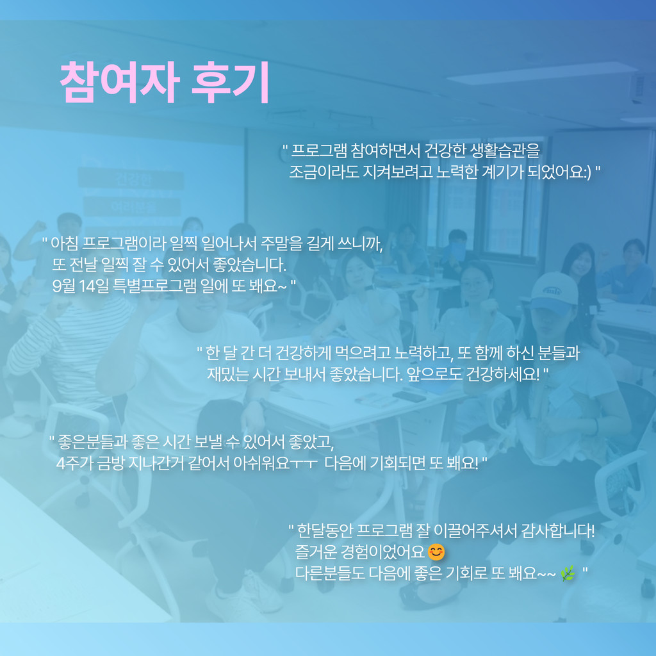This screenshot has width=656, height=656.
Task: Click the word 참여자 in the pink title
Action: pos(120,83)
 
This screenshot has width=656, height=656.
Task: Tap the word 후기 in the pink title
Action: pos(231,83)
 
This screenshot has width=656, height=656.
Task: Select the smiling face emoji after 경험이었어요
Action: pos(436,552)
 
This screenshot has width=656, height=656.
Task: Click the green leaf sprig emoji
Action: pos(568,573)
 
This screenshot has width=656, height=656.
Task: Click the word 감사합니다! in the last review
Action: pos(558,530)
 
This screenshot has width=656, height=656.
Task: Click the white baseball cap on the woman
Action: pos(554,291)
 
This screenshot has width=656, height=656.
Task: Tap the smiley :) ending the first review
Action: pos(587,172)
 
